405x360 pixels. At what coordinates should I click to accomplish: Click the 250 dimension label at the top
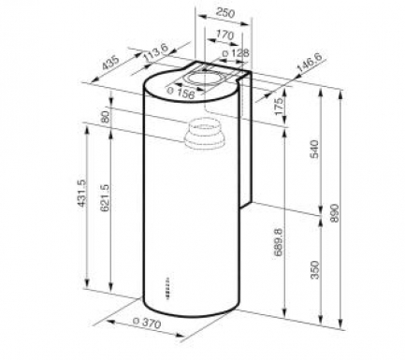[x=225, y=13]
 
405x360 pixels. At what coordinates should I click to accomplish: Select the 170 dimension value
[x=225, y=35]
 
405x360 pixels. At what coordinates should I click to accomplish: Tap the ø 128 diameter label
[x=236, y=53]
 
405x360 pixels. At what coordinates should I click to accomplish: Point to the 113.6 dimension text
[x=155, y=53]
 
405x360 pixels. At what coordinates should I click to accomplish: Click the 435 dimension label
[x=110, y=64]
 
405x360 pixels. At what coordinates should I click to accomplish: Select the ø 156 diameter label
[x=181, y=93]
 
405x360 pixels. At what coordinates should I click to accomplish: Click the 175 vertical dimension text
[x=279, y=106]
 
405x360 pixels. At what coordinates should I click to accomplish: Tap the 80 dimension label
[x=105, y=117]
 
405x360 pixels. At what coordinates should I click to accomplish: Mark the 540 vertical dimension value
[x=315, y=150]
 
